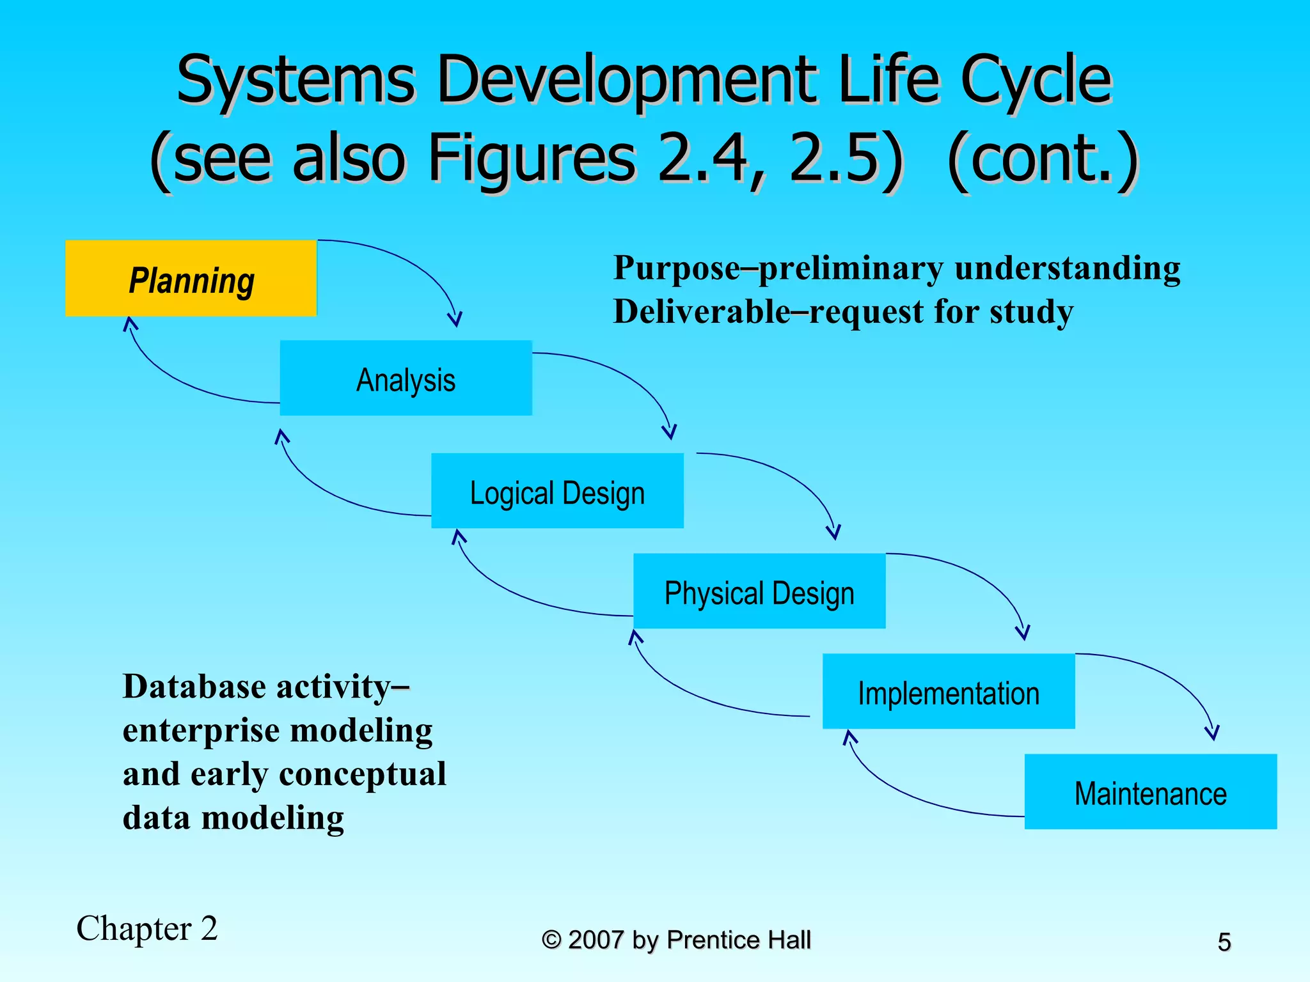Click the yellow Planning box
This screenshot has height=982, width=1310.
pos(191,278)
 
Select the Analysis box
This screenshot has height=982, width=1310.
pos(406,378)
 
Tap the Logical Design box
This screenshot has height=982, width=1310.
pos(557,491)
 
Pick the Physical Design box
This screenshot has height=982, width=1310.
pos(759,591)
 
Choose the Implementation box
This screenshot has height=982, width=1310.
pos(949,692)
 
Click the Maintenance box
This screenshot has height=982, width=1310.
pos(1150,792)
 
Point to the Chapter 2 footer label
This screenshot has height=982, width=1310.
pos(147,928)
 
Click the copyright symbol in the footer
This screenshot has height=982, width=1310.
pos(551,940)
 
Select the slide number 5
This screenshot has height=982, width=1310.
pos(1224,942)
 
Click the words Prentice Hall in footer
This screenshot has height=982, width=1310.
pos(738,940)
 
